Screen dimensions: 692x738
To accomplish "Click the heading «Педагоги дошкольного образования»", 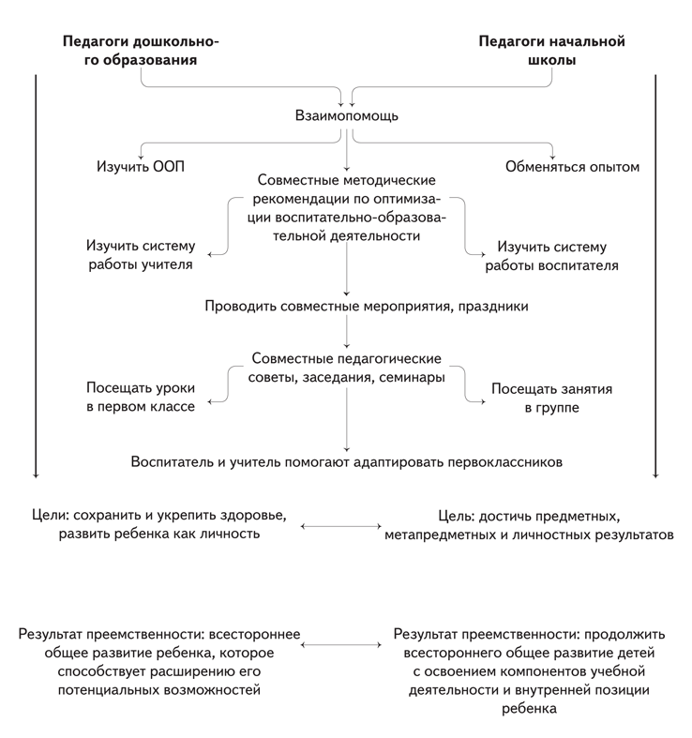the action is [141, 51].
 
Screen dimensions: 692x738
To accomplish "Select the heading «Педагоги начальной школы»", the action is [551, 51].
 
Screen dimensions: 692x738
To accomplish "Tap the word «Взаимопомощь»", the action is [347, 115].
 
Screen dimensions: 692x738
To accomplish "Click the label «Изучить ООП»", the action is [141, 167].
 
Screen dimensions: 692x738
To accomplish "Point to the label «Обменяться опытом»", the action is [572, 167].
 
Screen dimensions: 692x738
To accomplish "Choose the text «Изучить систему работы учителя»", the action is [141, 255].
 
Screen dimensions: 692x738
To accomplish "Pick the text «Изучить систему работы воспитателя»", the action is [551, 256].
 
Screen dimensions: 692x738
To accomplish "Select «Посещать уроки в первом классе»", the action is [141, 397].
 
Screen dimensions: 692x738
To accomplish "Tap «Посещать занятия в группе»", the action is [551, 399].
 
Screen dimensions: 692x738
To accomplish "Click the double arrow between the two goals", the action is [340, 526].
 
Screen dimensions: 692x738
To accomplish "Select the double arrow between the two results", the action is [340, 645].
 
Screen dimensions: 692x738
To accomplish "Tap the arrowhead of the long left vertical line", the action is [36, 475].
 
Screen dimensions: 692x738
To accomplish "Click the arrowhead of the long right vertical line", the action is [655, 475].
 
